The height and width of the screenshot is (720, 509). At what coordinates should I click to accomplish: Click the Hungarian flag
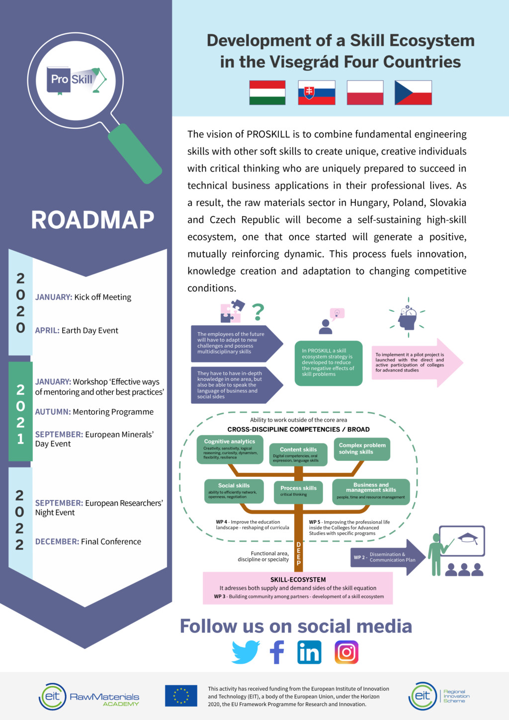coord(267,92)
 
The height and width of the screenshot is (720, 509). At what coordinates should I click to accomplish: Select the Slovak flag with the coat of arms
coord(317,92)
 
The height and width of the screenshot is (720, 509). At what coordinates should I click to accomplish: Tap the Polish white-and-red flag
coord(365,92)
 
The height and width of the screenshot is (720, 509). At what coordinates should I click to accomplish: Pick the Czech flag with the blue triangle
coord(413,92)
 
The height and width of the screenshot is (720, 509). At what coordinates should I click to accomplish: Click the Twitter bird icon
coord(245,652)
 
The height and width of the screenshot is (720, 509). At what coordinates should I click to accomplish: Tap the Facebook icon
coord(277,652)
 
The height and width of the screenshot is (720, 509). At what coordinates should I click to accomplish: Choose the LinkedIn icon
coord(309,652)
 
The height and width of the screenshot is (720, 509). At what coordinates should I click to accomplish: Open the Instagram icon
coord(346,652)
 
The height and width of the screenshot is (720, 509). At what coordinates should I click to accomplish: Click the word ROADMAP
coord(92,220)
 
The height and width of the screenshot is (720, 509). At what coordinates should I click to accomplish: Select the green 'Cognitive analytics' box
coord(230,450)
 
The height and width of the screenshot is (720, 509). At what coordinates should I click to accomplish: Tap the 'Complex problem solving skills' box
coord(362,449)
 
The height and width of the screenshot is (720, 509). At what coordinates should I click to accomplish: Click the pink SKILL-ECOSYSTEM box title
coord(298,580)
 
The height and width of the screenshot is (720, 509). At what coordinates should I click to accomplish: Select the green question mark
coord(257,312)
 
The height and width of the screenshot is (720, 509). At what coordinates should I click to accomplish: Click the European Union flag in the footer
coord(181,696)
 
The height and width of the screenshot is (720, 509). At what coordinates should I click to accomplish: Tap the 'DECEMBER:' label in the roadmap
coord(57,541)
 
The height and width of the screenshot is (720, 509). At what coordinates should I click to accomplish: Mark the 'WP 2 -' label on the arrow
coord(360,557)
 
